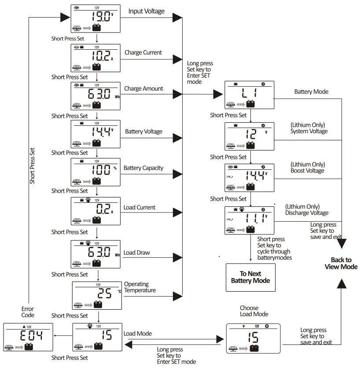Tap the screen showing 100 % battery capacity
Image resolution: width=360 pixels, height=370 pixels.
pos(96,172)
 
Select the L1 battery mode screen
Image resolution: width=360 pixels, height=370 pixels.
pos(250,95)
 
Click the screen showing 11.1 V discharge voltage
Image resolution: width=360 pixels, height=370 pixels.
pos(250,220)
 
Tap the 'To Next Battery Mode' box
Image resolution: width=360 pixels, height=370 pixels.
pos(250,277)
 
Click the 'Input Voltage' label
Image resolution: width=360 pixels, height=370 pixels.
pos(147,11)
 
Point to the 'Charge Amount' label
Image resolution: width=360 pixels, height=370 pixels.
pos(143,88)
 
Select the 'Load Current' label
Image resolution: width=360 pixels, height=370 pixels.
pos(140,207)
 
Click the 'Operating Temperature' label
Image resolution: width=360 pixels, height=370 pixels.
pos(140,287)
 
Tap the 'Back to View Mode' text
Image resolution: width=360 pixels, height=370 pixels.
pos(341,263)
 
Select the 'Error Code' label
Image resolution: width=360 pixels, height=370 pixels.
pos(27,312)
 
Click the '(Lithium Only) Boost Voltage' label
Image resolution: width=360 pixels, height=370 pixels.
pos(307,167)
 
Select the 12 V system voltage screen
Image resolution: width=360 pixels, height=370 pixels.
pos(250,136)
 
